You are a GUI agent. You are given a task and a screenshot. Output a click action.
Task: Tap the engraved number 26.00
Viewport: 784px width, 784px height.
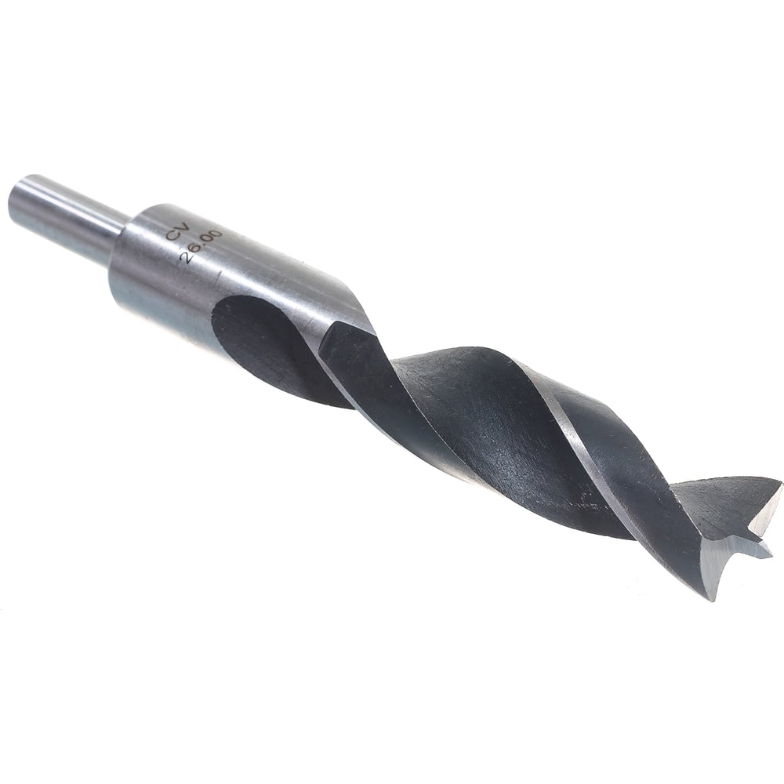201,246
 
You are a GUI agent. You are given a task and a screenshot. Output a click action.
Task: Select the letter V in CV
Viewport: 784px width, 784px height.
183,227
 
